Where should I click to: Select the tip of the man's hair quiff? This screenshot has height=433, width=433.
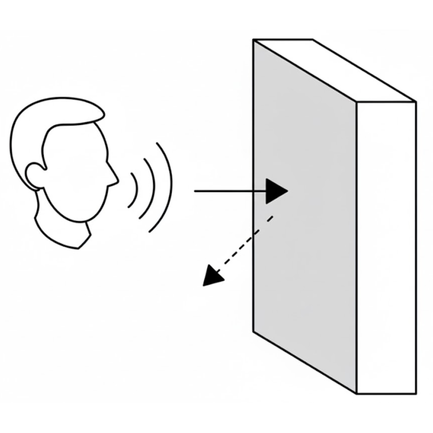click(x=103, y=114)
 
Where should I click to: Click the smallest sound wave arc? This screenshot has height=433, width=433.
click(x=134, y=189)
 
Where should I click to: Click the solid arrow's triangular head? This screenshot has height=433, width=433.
click(x=275, y=191)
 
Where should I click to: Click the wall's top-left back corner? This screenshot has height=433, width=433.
click(x=254, y=40)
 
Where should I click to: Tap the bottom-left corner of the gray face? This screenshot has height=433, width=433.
click(x=254, y=331)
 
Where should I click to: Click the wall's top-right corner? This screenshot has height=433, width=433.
click(x=416, y=102)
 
